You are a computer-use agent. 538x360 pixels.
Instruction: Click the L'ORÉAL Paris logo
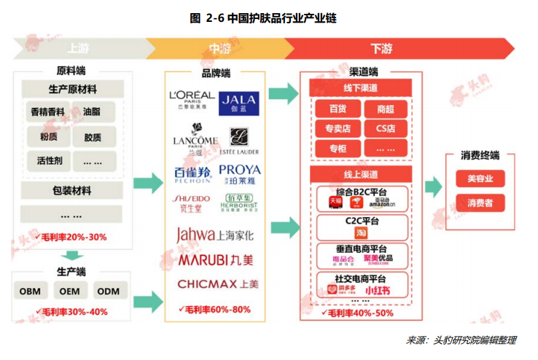(x=191, y=98)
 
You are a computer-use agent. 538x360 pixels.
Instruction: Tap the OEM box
(x=69, y=291)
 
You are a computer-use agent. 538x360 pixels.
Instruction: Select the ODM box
(x=108, y=291)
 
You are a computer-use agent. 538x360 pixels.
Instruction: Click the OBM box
(x=31, y=291)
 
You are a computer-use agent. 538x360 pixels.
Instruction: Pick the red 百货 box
(x=338, y=109)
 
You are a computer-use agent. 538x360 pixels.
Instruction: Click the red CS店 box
(x=385, y=128)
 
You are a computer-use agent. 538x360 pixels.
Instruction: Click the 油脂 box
(x=92, y=113)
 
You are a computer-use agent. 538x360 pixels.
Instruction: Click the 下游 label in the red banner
(x=381, y=50)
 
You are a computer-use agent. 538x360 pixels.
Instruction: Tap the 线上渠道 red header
(x=362, y=175)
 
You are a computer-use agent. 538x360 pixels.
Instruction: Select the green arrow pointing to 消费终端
(x=431, y=186)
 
